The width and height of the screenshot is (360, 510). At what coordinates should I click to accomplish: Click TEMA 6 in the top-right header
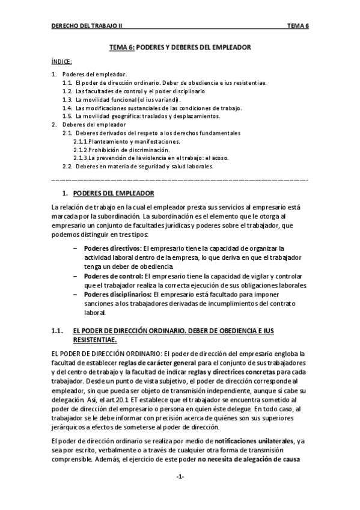[298, 27]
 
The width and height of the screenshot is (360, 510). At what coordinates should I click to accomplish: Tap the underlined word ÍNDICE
[62, 61]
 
